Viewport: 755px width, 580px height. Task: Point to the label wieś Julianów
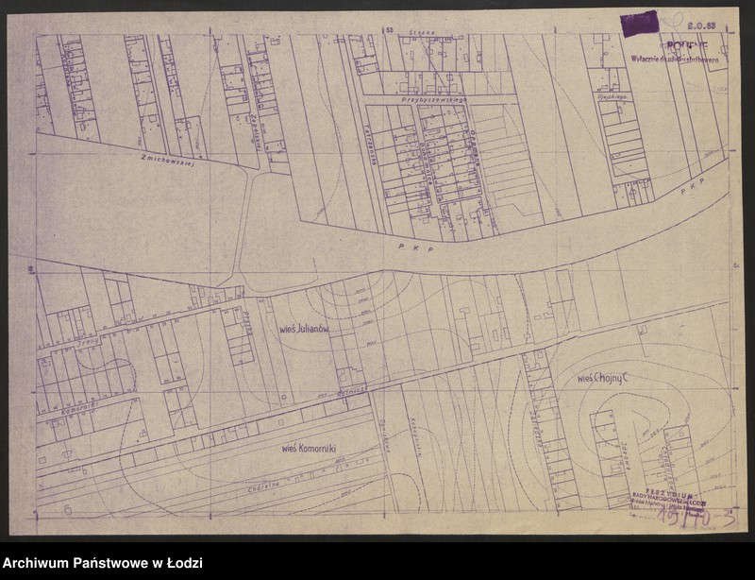coord(303,330)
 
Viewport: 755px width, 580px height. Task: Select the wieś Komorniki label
coord(310,448)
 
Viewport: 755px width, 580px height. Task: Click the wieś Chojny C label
coord(603,378)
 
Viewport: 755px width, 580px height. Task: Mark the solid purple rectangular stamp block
coord(639,24)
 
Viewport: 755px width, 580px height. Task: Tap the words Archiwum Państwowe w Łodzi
coord(101,564)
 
